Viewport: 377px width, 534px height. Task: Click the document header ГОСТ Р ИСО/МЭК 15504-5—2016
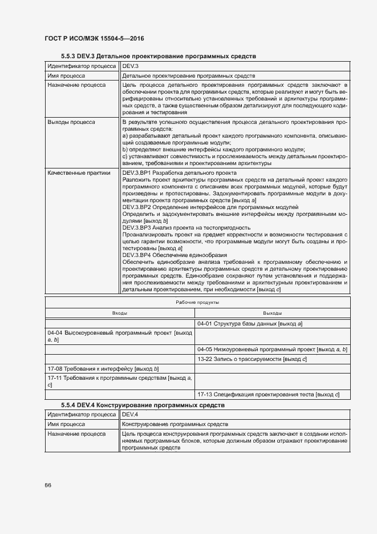94,38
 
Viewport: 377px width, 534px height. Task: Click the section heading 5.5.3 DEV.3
159,57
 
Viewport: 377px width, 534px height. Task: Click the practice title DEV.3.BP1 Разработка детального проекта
180,172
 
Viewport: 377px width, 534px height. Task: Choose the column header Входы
120,314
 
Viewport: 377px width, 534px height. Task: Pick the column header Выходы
272,314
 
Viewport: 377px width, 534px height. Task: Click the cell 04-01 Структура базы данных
249,324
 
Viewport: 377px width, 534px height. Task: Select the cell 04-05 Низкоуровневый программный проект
272,349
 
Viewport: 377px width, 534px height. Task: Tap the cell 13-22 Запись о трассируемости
252,359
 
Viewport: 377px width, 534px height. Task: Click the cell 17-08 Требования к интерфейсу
103,370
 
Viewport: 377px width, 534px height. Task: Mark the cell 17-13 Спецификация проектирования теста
268,394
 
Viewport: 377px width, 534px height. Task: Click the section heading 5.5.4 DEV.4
143,404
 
